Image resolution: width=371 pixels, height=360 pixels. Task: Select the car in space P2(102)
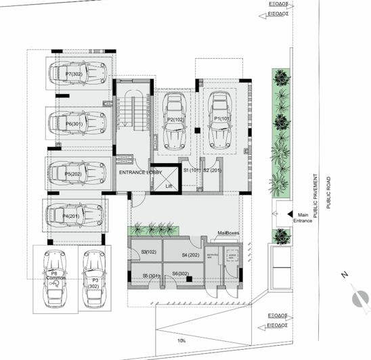pos(177,121)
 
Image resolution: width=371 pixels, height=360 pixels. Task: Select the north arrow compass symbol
pos(357,298)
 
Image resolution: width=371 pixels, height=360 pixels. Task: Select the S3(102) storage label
pos(148,252)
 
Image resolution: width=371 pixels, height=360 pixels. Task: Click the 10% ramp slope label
pos(181,340)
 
